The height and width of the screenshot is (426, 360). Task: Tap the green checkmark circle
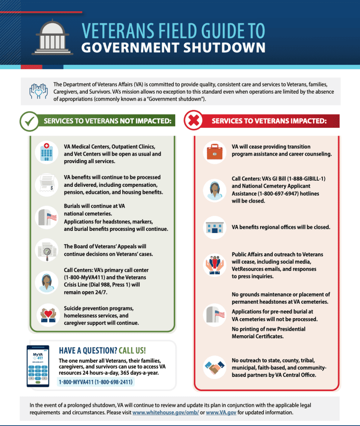point(30,121)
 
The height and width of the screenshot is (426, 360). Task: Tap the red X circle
point(193,121)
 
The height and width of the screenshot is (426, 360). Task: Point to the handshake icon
point(214,367)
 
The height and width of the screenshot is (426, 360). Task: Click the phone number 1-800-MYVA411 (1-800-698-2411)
point(96,382)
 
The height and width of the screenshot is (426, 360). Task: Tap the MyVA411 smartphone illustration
point(38,366)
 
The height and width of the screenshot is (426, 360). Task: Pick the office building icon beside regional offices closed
point(214,228)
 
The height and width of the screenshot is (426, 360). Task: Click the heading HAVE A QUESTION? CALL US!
point(102,350)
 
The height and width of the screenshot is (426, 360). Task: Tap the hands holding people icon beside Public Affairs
point(214,265)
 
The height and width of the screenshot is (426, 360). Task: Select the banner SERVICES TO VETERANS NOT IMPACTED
point(107,121)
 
